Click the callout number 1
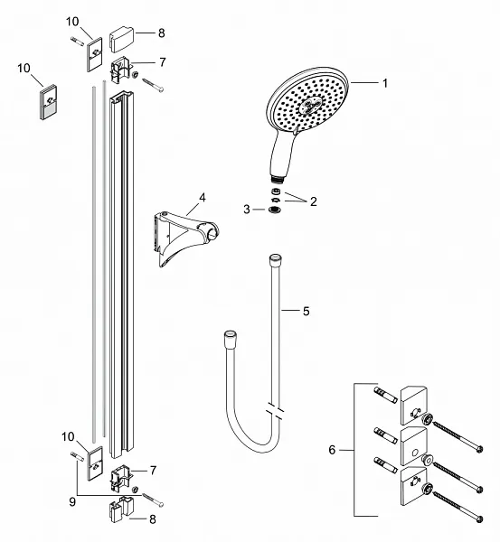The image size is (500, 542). click(384, 84)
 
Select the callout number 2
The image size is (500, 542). click(314, 201)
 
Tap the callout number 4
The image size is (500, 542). click(203, 196)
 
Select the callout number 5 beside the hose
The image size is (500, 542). click(306, 312)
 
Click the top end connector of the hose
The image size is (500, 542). click(274, 262)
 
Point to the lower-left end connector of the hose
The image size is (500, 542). click(228, 339)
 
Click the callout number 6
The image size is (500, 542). click(333, 449)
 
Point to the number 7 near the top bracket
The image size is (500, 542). click(163, 61)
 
